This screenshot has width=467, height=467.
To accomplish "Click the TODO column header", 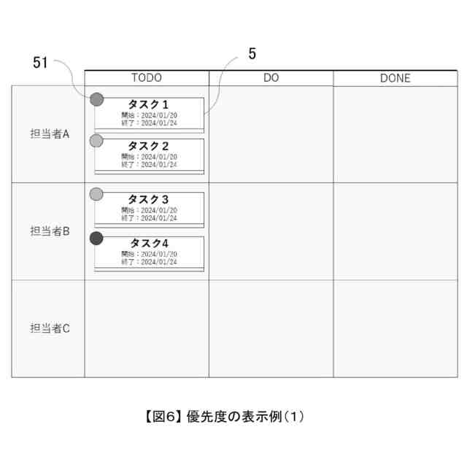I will [146, 78].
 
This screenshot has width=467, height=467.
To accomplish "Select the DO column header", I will [271, 78].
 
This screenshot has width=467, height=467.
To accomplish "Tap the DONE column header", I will [395, 78].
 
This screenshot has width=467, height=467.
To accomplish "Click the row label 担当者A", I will [50, 134].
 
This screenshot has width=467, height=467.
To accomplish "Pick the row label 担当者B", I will [50, 231].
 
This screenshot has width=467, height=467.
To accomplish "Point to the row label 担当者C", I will [50, 328].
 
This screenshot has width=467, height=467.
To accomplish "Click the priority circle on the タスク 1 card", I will [96, 99].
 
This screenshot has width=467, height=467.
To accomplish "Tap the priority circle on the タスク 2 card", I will [96, 140].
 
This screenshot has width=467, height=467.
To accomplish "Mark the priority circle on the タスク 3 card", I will [96, 194].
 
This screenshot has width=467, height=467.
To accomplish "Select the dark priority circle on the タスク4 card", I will [96, 238].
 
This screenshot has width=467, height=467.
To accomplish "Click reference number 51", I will [40, 63].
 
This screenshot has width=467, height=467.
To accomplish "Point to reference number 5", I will [252, 53].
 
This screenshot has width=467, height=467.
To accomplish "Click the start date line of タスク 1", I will [149, 115].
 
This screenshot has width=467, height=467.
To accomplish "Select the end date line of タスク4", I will [149, 261].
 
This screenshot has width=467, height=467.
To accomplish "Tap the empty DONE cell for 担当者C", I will [395, 328].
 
